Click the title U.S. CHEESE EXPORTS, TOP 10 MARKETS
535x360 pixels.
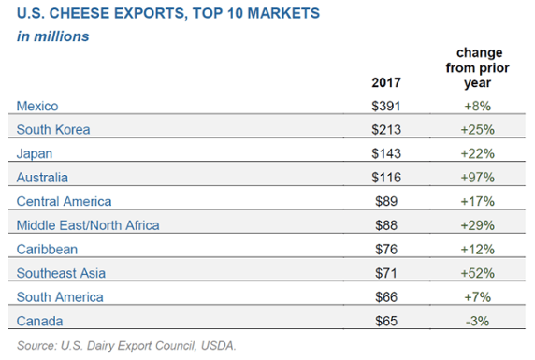click(x=168, y=13)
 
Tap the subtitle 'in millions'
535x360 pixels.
click(x=53, y=36)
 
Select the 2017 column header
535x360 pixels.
click(x=386, y=82)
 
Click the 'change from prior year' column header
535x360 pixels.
click(x=478, y=67)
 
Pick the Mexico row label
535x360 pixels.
click(x=37, y=106)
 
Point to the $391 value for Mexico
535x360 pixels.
click(x=386, y=106)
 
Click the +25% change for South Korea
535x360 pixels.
click(x=478, y=130)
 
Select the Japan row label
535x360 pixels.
click(x=35, y=154)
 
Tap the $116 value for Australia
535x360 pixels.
click(x=386, y=178)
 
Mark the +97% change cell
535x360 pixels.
click(x=478, y=178)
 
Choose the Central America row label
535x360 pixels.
click(x=65, y=201)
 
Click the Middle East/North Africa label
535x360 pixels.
click(x=88, y=225)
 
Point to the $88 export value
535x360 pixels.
click(x=386, y=225)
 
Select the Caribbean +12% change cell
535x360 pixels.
click(x=478, y=250)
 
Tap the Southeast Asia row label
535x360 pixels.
click(x=61, y=273)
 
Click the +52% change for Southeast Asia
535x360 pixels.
click(x=478, y=273)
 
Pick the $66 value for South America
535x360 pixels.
click(x=386, y=296)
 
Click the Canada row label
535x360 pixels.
click(x=39, y=321)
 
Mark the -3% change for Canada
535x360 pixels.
click(x=478, y=321)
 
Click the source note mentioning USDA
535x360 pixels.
click(x=126, y=346)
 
